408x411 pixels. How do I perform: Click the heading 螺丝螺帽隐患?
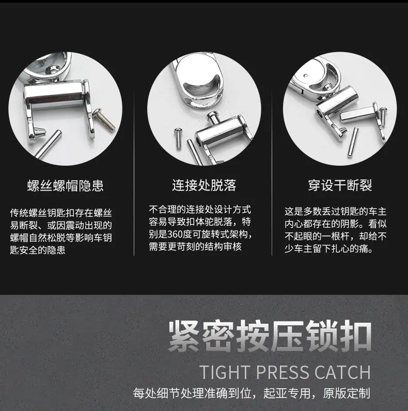65,185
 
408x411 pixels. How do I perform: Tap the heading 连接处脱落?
204,185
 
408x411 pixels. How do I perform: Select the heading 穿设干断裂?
340,185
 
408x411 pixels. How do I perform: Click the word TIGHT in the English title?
225,372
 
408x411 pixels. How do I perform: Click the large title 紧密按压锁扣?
270,337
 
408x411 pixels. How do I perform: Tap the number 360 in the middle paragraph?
176,234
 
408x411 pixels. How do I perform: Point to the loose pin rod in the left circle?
48,144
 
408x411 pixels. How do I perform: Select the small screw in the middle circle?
178,138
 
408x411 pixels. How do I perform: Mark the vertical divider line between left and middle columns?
134,173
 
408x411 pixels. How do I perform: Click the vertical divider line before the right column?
272,173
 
